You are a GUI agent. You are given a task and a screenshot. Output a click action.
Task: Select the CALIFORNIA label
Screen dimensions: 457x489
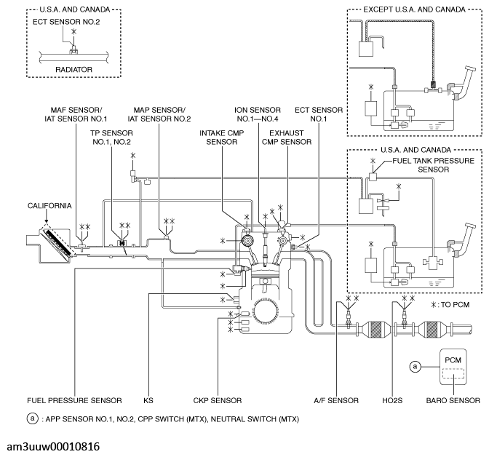[31, 206]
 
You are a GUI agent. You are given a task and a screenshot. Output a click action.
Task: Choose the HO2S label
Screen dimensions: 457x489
[401, 400]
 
